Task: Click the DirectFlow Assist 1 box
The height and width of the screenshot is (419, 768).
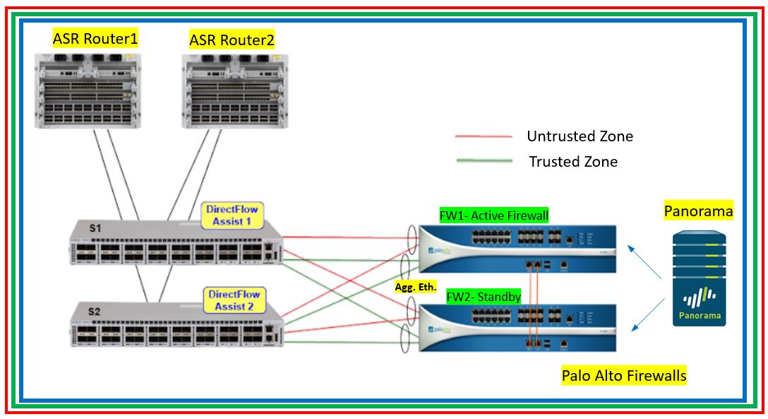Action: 232,216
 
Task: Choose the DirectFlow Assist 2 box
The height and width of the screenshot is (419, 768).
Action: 233,300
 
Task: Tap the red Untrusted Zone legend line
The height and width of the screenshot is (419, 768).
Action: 484,136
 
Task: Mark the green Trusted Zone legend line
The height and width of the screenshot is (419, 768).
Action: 484,162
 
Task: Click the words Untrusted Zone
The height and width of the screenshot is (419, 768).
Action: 580,136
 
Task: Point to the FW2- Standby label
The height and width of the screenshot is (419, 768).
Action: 484,297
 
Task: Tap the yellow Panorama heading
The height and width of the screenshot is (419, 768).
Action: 699,211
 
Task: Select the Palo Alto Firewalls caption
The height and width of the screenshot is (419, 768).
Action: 624,375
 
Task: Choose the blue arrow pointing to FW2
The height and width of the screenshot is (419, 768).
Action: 647,314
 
